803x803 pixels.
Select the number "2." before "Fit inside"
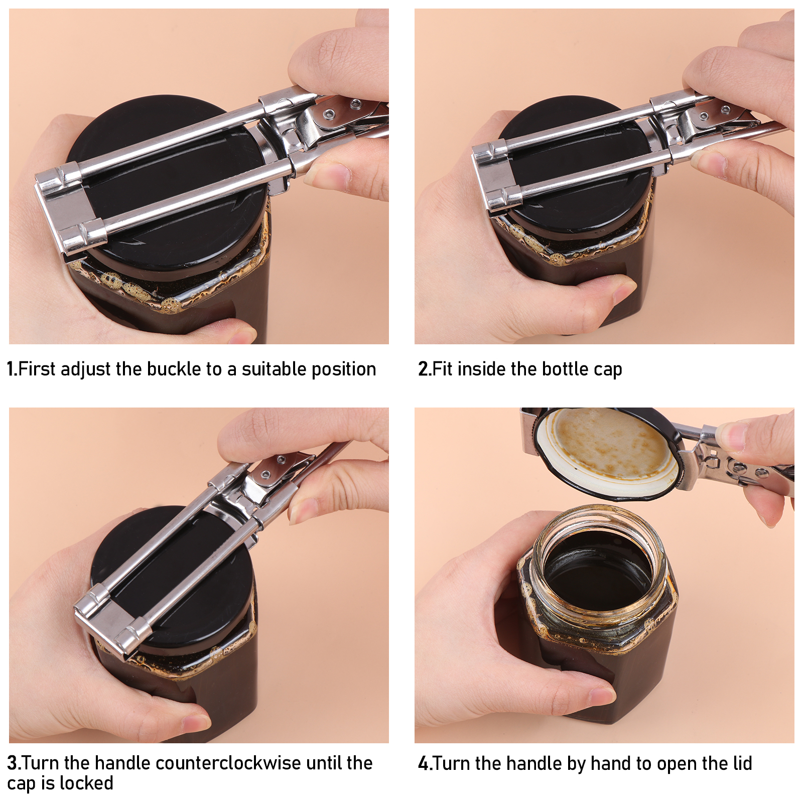pyautogui.click(x=424, y=369)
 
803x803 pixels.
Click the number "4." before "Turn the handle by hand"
pyautogui.click(x=425, y=763)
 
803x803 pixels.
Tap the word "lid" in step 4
pyautogui.click(x=742, y=763)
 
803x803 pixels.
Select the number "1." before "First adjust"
pyautogui.click(x=12, y=369)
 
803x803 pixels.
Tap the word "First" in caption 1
pyautogui.click(x=36, y=369)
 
